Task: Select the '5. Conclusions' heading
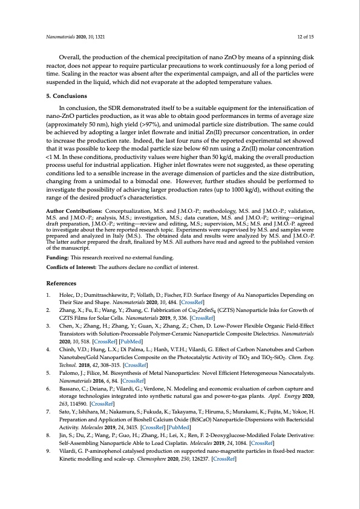click(67, 96)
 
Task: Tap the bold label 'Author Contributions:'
click(71, 229)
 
